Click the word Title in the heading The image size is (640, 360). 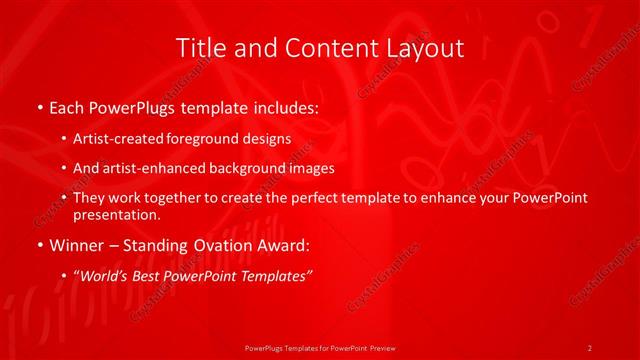pyautogui.click(x=198, y=48)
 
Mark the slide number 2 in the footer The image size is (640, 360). pyautogui.click(x=590, y=347)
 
